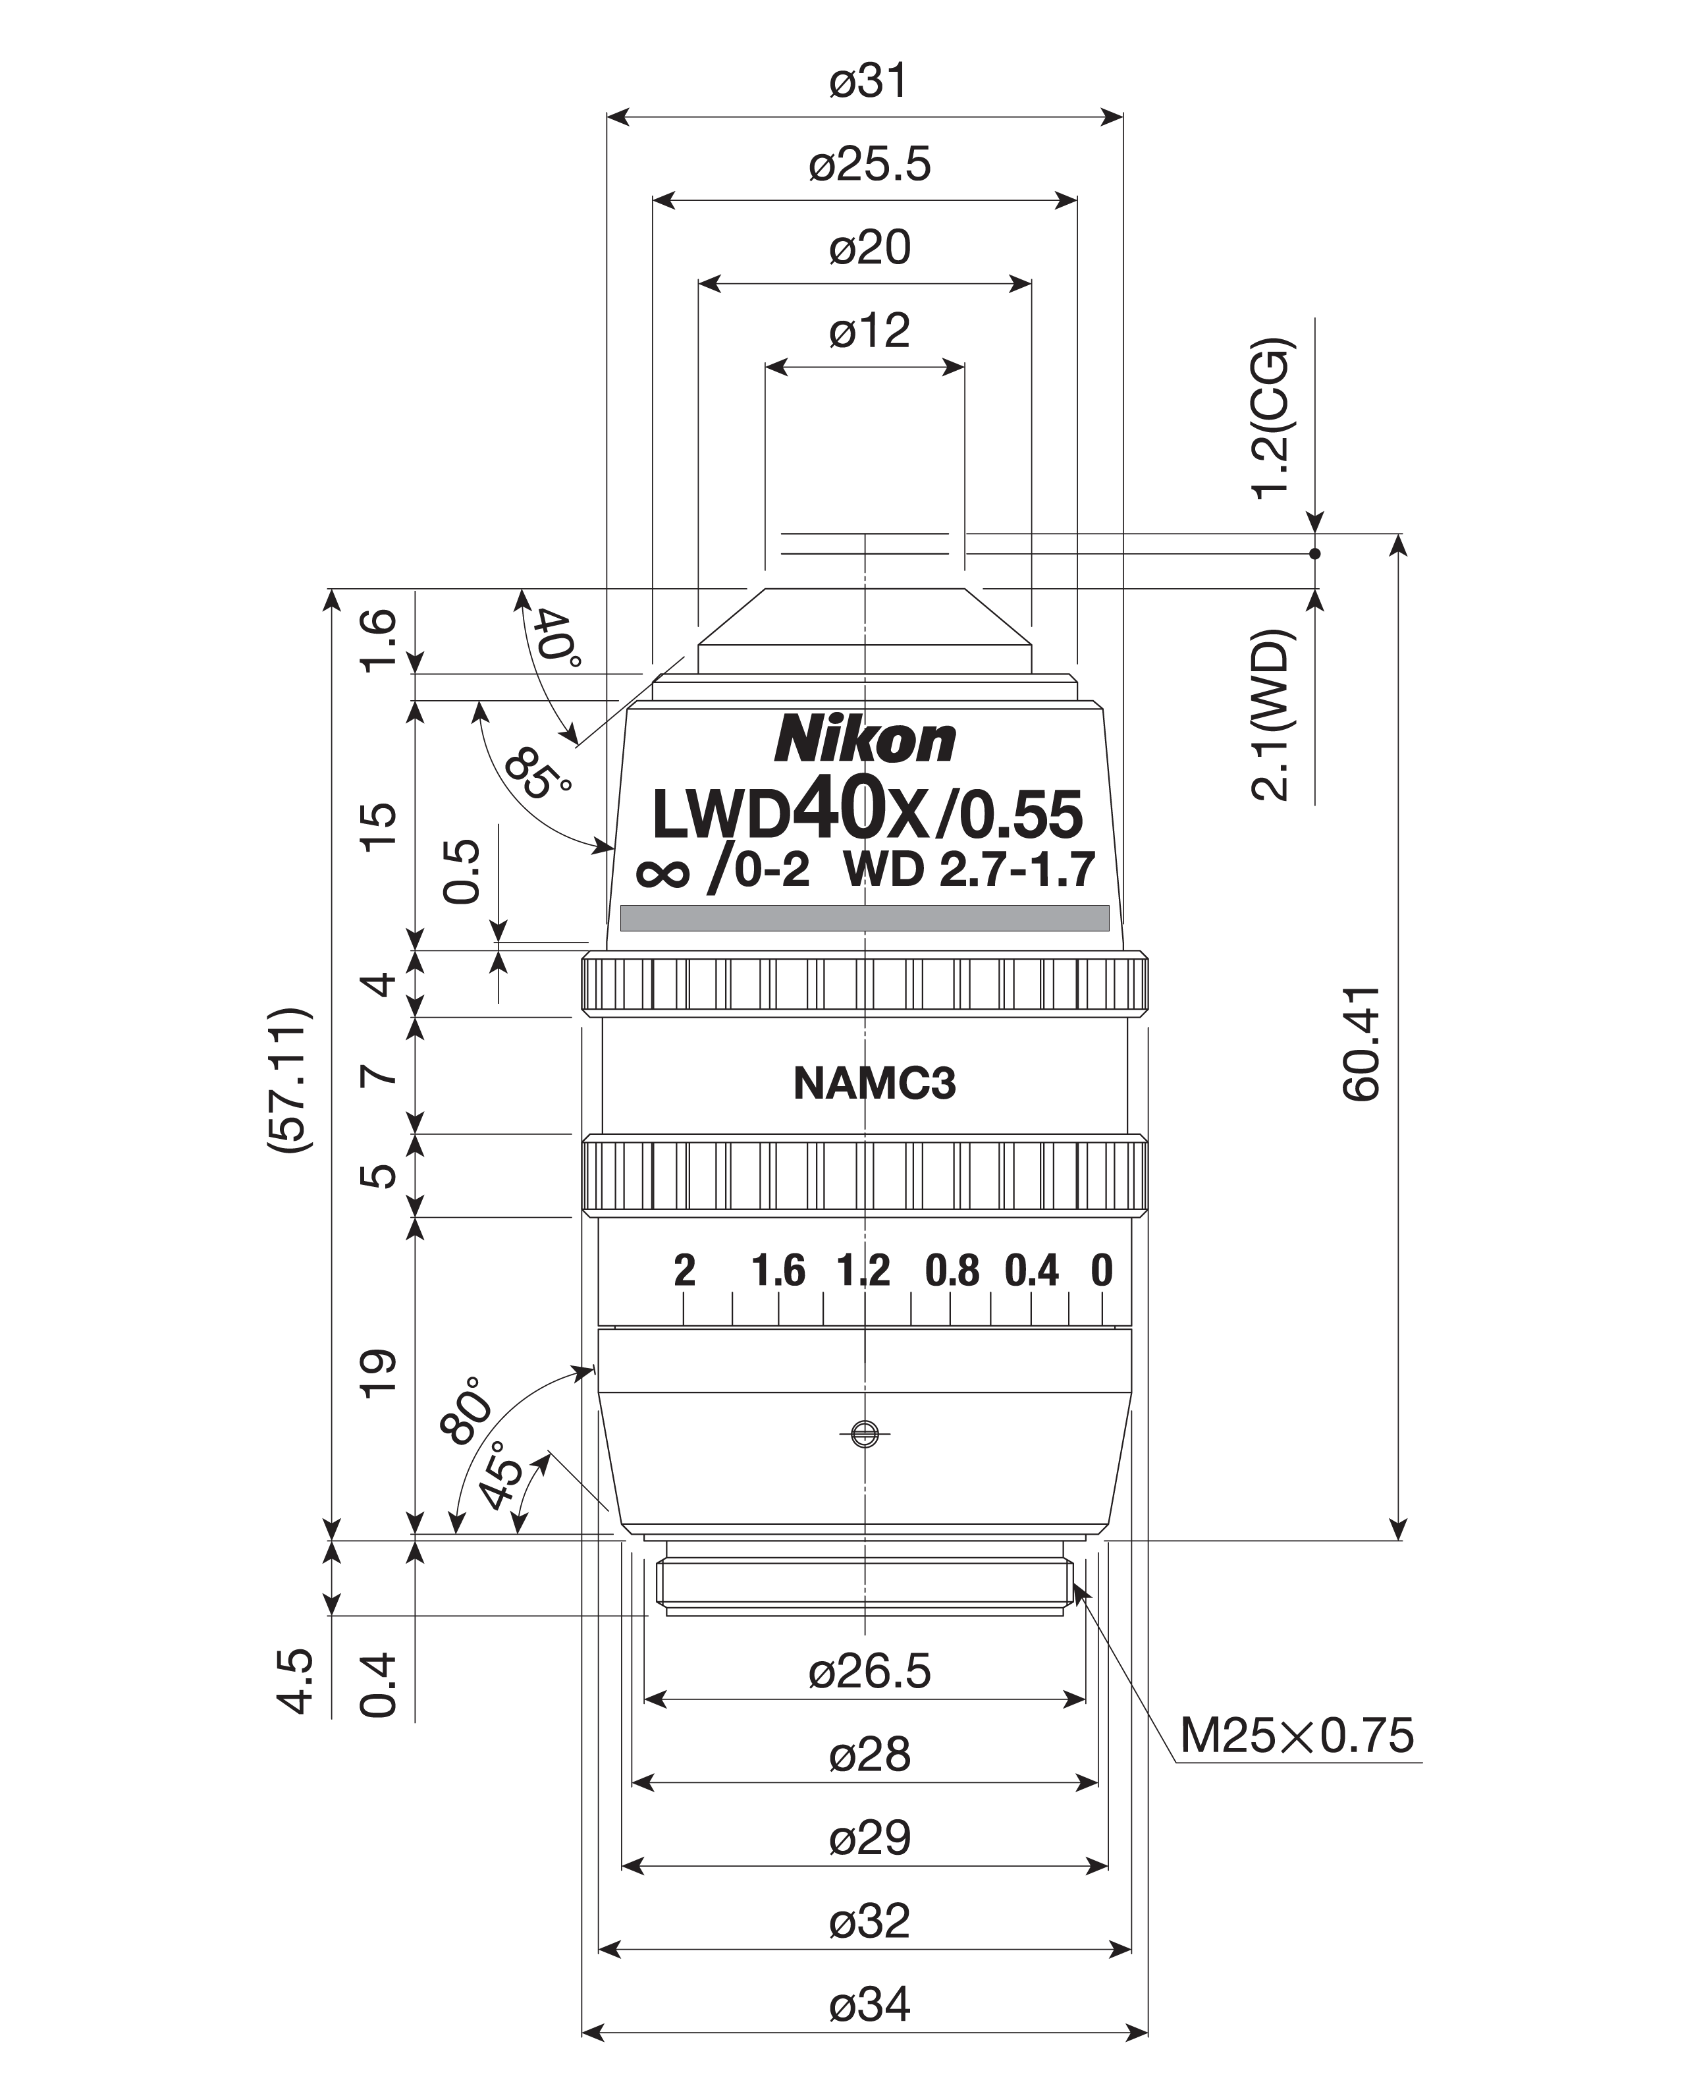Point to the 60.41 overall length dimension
click(1361, 1043)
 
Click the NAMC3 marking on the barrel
click(874, 1084)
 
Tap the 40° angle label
click(558, 638)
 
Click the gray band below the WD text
click(865, 918)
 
